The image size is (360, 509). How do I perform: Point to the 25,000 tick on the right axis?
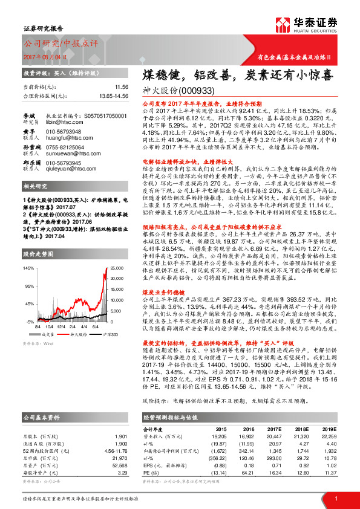click(x=122, y=284)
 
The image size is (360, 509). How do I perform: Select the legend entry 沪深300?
click(x=108, y=333)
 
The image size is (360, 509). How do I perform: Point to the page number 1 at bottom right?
click(x=336, y=498)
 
